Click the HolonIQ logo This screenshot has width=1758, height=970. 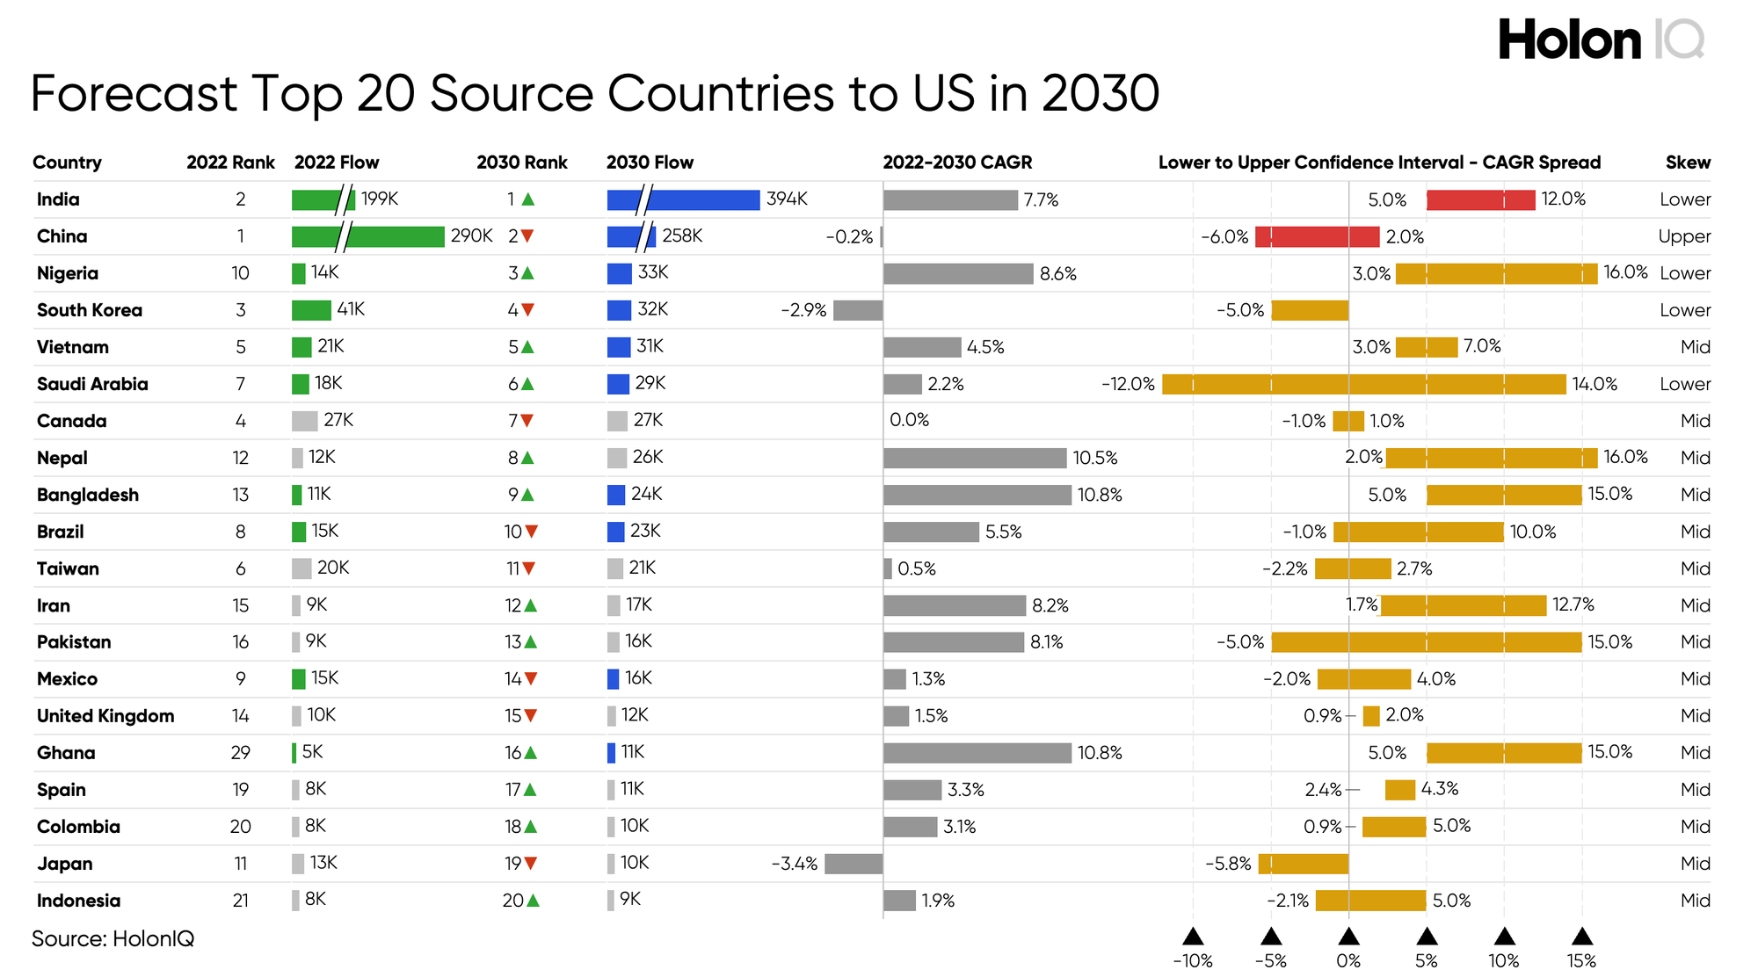pyautogui.click(x=1601, y=40)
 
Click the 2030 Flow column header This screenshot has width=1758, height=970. pyautogui.click(x=650, y=163)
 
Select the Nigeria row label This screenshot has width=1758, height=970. pyautogui.click(x=68, y=273)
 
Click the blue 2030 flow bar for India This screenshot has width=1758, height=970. pyautogui.click(x=683, y=199)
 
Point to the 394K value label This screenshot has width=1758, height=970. pyautogui.click(x=787, y=199)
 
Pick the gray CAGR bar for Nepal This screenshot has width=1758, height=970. pyautogui.click(x=974, y=458)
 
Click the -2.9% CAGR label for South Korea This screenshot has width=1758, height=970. pyautogui.click(x=803, y=310)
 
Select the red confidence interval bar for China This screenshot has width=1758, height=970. pyautogui.click(x=1317, y=236)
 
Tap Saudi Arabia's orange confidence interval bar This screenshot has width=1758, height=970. pyautogui.click(x=1363, y=384)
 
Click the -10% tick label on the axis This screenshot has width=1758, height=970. pyautogui.click(x=1193, y=960)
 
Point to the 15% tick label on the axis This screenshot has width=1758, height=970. pyautogui.click(x=1581, y=960)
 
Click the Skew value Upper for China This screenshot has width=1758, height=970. pyautogui.click(x=1684, y=236)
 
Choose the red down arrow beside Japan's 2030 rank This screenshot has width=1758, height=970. pyautogui.click(x=532, y=863)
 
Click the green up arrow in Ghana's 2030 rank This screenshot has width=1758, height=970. pyautogui.click(x=532, y=752)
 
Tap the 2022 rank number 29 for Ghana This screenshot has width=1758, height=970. pyautogui.click(x=240, y=753)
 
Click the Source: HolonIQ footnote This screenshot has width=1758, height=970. pyautogui.click(x=113, y=938)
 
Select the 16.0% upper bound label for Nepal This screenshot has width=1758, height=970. pyautogui.click(x=1625, y=457)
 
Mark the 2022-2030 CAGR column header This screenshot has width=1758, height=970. pyautogui.click(x=957, y=163)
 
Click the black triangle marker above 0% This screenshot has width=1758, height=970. pyautogui.click(x=1348, y=936)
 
